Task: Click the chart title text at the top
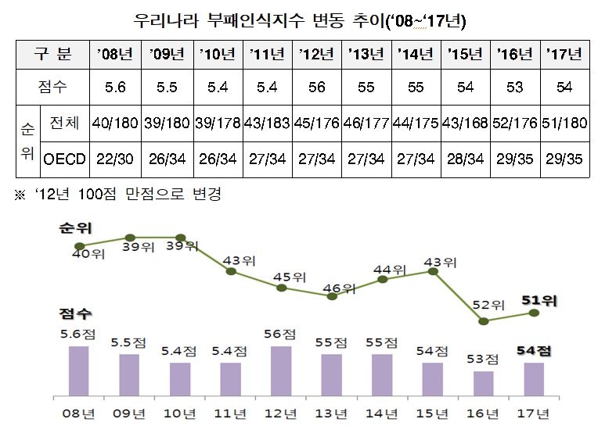pyautogui.click(x=298, y=17)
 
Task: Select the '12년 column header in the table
pyautogui.click(x=317, y=54)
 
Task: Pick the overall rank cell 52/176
pyautogui.click(x=513, y=123)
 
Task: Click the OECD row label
pyautogui.click(x=64, y=159)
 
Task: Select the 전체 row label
pyautogui.click(x=64, y=123)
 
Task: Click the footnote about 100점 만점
pyautogui.click(x=118, y=194)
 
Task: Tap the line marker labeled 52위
pyautogui.click(x=484, y=321)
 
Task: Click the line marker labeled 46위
pyautogui.click(x=333, y=295)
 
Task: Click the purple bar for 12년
pyautogui.click(x=282, y=371)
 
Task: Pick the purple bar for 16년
pyautogui.click(x=484, y=384)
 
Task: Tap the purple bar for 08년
pyautogui.click(x=79, y=371)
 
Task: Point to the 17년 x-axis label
pyautogui.click(x=534, y=412)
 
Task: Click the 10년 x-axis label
pyautogui.click(x=180, y=412)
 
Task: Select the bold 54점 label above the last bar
pyautogui.click(x=534, y=351)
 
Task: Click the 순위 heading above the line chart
pyautogui.click(x=74, y=227)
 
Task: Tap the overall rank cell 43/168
pyautogui.click(x=463, y=123)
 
